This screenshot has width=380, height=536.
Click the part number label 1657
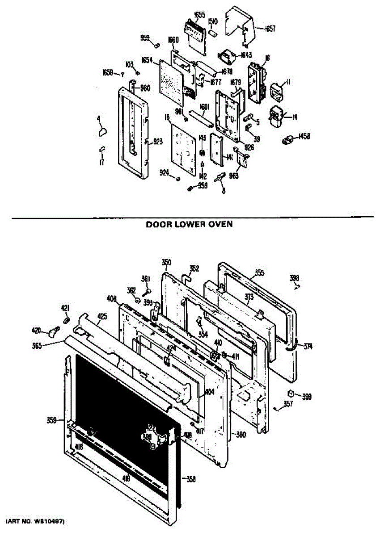(270, 29)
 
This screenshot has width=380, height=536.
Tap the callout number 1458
(305, 135)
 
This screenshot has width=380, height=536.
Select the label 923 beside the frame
(157, 142)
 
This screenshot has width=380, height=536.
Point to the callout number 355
(260, 272)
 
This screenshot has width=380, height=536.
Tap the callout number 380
(241, 435)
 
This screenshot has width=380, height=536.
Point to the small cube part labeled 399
(291, 394)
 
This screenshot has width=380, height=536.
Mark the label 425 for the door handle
(102, 317)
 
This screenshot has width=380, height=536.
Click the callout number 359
(51, 420)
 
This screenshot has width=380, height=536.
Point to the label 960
(145, 88)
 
